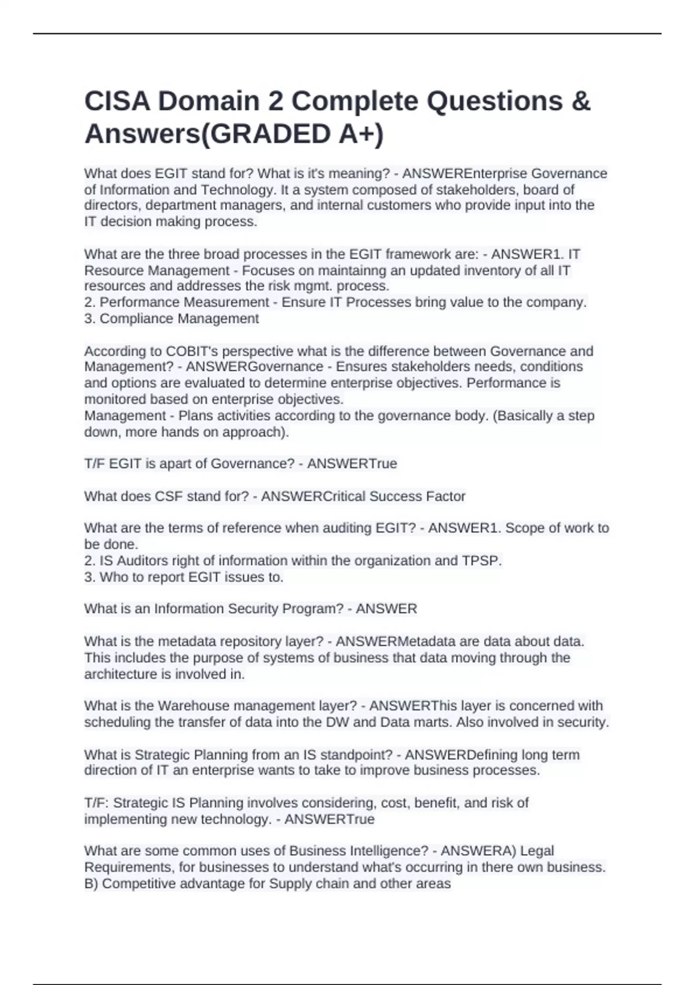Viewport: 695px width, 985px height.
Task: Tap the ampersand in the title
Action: click(581, 101)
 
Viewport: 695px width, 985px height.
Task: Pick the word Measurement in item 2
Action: click(226, 302)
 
